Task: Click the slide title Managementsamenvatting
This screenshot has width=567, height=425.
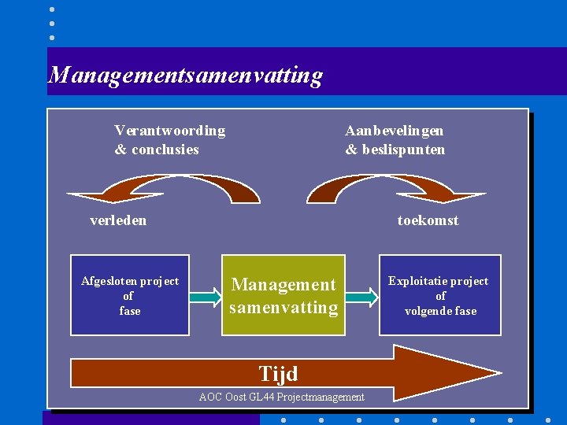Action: tap(186, 75)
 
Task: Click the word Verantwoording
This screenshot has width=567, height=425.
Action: tap(169, 131)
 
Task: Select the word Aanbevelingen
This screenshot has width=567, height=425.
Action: tap(394, 131)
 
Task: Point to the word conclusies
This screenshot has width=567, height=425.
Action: tap(165, 150)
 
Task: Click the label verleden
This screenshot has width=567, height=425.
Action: tap(118, 220)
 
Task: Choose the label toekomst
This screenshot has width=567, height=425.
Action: tap(428, 220)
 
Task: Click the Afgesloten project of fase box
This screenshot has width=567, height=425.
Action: tap(130, 295)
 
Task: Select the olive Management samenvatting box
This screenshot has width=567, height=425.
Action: tap(283, 295)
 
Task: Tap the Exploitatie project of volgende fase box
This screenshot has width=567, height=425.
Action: tap(440, 295)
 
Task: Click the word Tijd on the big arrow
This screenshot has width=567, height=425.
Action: tap(279, 372)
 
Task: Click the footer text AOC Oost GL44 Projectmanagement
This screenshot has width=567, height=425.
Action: tap(281, 397)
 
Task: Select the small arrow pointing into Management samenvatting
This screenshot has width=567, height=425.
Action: tap(206, 296)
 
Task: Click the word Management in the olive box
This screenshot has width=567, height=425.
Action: tap(283, 285)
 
